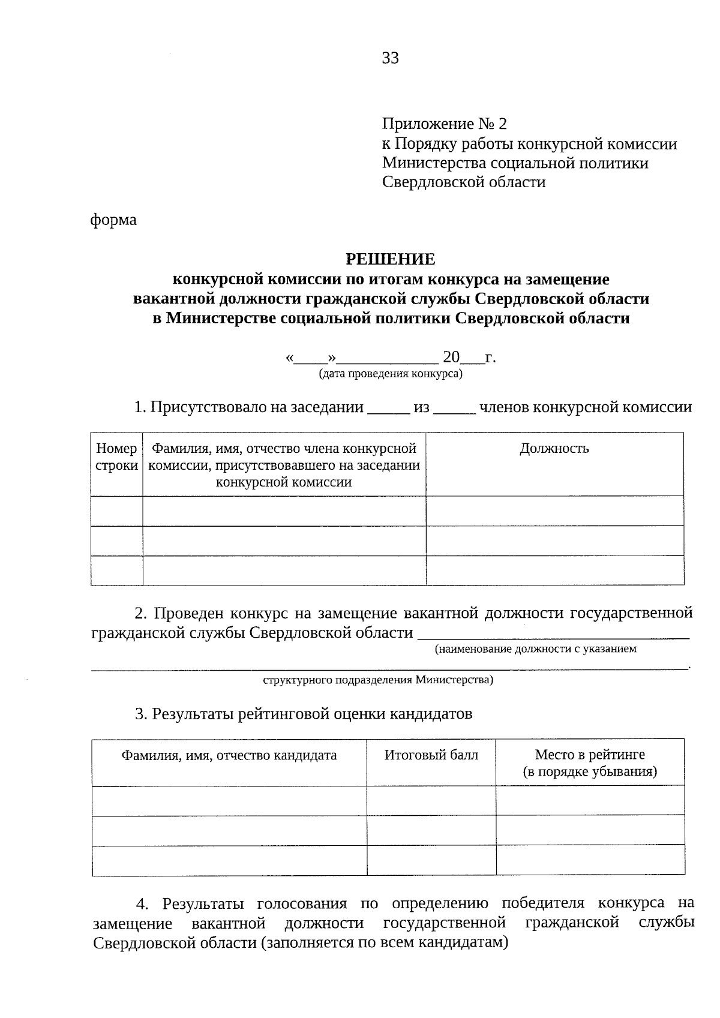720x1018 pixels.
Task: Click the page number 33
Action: click(x=390, y=58)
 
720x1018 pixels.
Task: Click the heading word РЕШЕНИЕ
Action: click(x=390, y=259)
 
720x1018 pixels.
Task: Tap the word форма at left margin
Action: click(x=113, y=220)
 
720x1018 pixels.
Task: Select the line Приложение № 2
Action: click(x=445, y=124)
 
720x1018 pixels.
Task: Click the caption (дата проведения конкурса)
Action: click(x=391, y=374)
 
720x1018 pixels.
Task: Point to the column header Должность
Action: click(x=554, y=449)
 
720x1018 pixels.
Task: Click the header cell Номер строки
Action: click(x=116, y=457)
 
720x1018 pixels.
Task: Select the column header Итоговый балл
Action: click(x=431, y=755)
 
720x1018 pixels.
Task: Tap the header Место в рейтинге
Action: click(x=590, y=755)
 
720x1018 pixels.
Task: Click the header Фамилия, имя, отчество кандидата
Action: click(x=229, y=755)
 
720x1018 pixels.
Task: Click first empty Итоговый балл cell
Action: click(x=431, y=801)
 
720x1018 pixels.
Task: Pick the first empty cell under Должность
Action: click(x=554, y=511)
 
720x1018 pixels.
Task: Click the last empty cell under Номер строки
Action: click(x=116, y=570)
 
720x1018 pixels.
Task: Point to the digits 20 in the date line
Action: click(x=451, y=358)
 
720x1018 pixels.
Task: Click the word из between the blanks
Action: click(x=422, y=408)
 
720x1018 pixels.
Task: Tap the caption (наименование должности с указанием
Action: click(x=535, y=649)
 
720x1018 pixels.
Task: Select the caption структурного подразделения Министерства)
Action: click(x=378, y=680)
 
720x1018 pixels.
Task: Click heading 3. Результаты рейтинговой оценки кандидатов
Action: click(x=304, y=714)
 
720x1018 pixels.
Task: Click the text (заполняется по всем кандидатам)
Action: click(x=385, y=942)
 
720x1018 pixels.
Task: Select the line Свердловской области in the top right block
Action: click(x=464, y=182)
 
